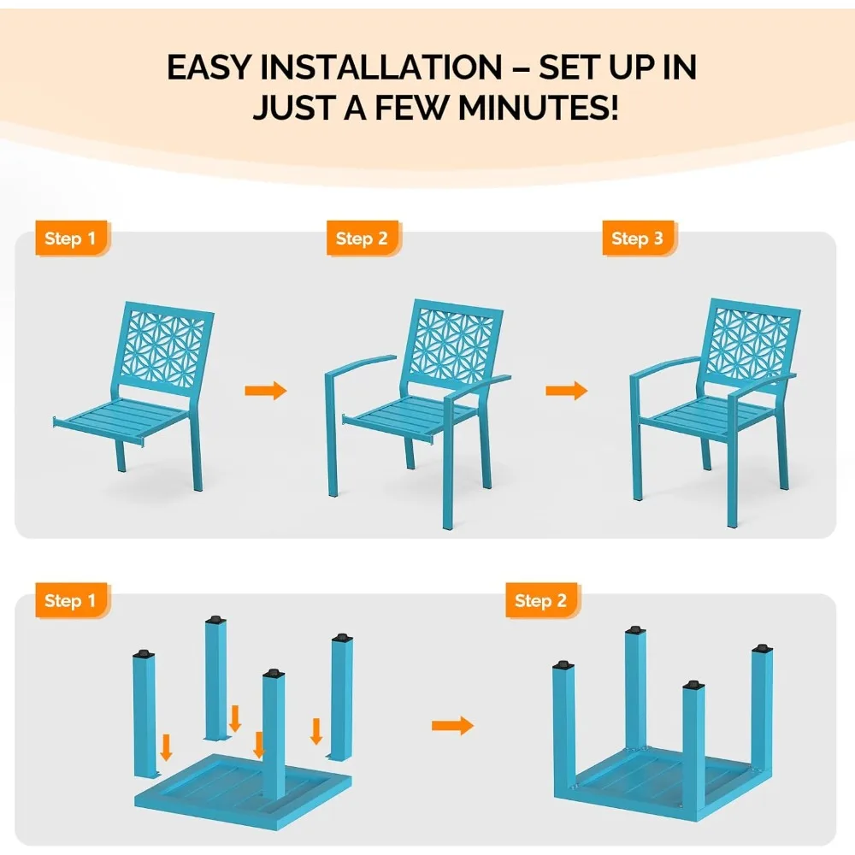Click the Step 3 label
tap(637, 239)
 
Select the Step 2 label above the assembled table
tap(540, 601)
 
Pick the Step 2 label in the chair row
tap(362, 239)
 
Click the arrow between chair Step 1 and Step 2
tap(265, 391)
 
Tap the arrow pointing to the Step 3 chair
tap(567, 391)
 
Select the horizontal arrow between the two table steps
tap(452, 726)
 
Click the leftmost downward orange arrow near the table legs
tap(167, 748)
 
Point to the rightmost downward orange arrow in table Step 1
tap(315, 731)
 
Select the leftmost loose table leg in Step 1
tap(144, 714)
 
